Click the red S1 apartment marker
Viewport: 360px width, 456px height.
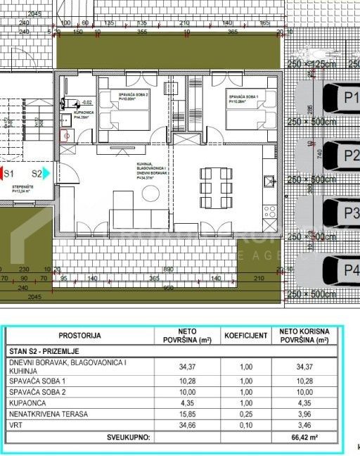click(x=11, y=173)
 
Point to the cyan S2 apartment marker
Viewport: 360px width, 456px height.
click(x=39, y=173)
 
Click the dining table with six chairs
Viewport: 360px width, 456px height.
click(x=215, y=181)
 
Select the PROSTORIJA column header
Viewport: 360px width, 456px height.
click(x=80, y=336)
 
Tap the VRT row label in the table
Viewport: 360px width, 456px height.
click(x=15, y=426)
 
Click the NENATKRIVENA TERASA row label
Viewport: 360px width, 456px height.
click(x=49, y=414)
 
